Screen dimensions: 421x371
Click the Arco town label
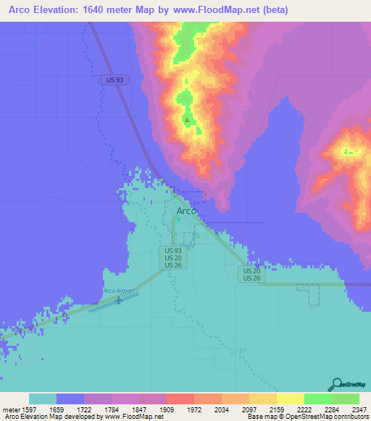pos(187,210)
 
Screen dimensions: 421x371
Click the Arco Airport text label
pos(119,291)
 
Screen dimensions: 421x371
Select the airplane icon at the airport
pos(120,300)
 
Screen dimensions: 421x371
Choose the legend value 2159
pos(263,409)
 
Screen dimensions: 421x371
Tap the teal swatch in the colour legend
pos(43,399)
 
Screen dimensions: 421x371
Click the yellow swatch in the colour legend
pos(291,399)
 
